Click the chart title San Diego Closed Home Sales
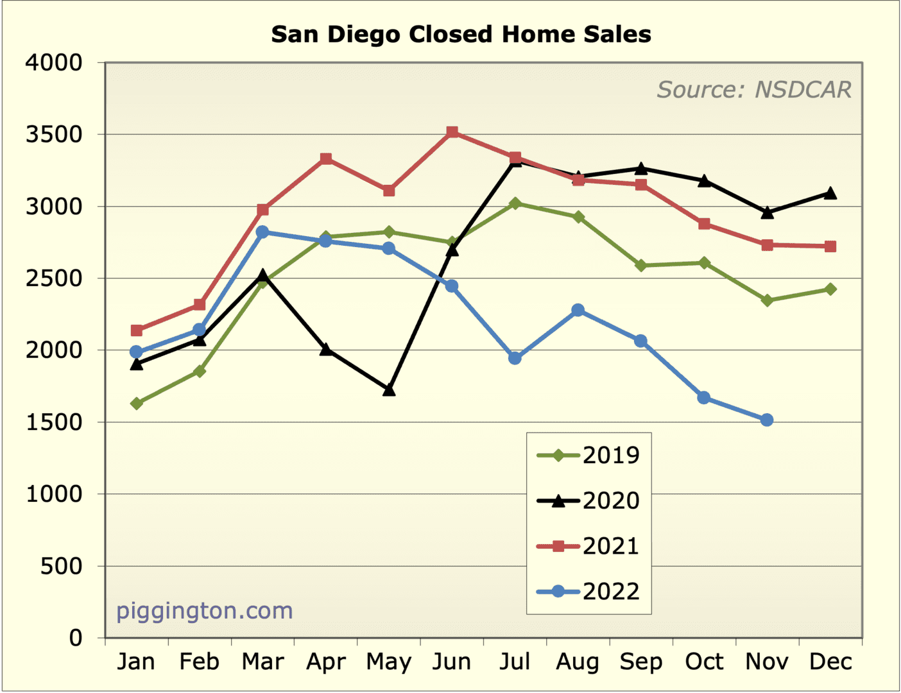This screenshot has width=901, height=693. tap(461, 34)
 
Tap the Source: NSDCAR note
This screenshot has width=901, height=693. tap(753, 90)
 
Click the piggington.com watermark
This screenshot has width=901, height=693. tap(204, 610)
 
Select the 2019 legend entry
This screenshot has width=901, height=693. tap(588, 456)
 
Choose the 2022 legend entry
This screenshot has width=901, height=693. tap(588, 592)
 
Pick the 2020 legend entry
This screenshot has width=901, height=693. tap(588, 501)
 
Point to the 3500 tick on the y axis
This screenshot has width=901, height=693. tap(55, 135)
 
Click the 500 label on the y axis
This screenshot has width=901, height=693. tap(62, 566)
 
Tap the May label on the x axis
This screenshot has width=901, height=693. tap(389, 662)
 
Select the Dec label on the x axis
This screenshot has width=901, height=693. tap(830, 662)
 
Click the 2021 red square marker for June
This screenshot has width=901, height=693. tap(452, 132)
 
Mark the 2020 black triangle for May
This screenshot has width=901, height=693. tap(389, 389)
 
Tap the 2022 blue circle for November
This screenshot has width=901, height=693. tap(767, 420)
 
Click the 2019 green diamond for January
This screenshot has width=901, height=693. tap(137, 404)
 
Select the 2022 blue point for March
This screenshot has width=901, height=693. tap(262, 232)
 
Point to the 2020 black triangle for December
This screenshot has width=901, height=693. tap(830, 193)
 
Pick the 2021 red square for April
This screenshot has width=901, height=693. tap(326, 158)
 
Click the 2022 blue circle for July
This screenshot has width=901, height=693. tap(515, 358)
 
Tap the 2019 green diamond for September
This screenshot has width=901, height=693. tap(641, 265)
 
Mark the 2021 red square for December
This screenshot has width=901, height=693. tap(830, 246)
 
